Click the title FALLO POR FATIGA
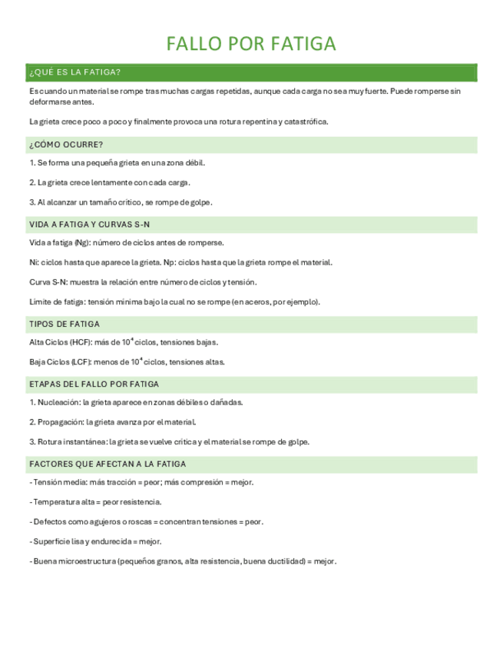coord(252,44)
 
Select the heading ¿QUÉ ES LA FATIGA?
coord(74,73)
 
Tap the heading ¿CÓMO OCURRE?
coord(66,145)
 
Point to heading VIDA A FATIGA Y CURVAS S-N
coord(89,225)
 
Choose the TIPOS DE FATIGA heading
coord(65,324)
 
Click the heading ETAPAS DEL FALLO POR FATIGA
coord(94,384)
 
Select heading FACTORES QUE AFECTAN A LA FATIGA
coord(107,464)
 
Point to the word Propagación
coord(60,422)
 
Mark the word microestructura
coord(84,562)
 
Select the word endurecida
coord(97,542)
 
